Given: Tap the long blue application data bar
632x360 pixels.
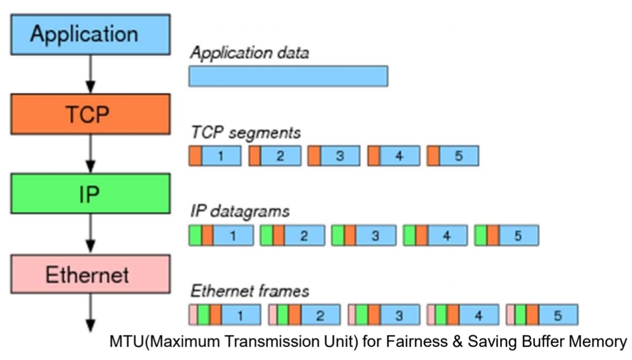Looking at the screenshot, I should [288, 76].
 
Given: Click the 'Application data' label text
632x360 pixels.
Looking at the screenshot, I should [249, 53].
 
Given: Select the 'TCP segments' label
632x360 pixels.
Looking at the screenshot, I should [245, 133].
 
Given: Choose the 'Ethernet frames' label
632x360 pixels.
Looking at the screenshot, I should [249, 290].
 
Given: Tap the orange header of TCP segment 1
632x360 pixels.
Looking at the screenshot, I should [195, 156].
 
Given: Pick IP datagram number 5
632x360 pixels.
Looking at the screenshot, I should [506, 236].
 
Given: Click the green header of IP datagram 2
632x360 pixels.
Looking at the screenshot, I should [266, 236].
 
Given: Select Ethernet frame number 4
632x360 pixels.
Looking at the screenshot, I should [463, 315].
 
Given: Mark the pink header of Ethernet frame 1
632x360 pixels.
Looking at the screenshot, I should [192, 315].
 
